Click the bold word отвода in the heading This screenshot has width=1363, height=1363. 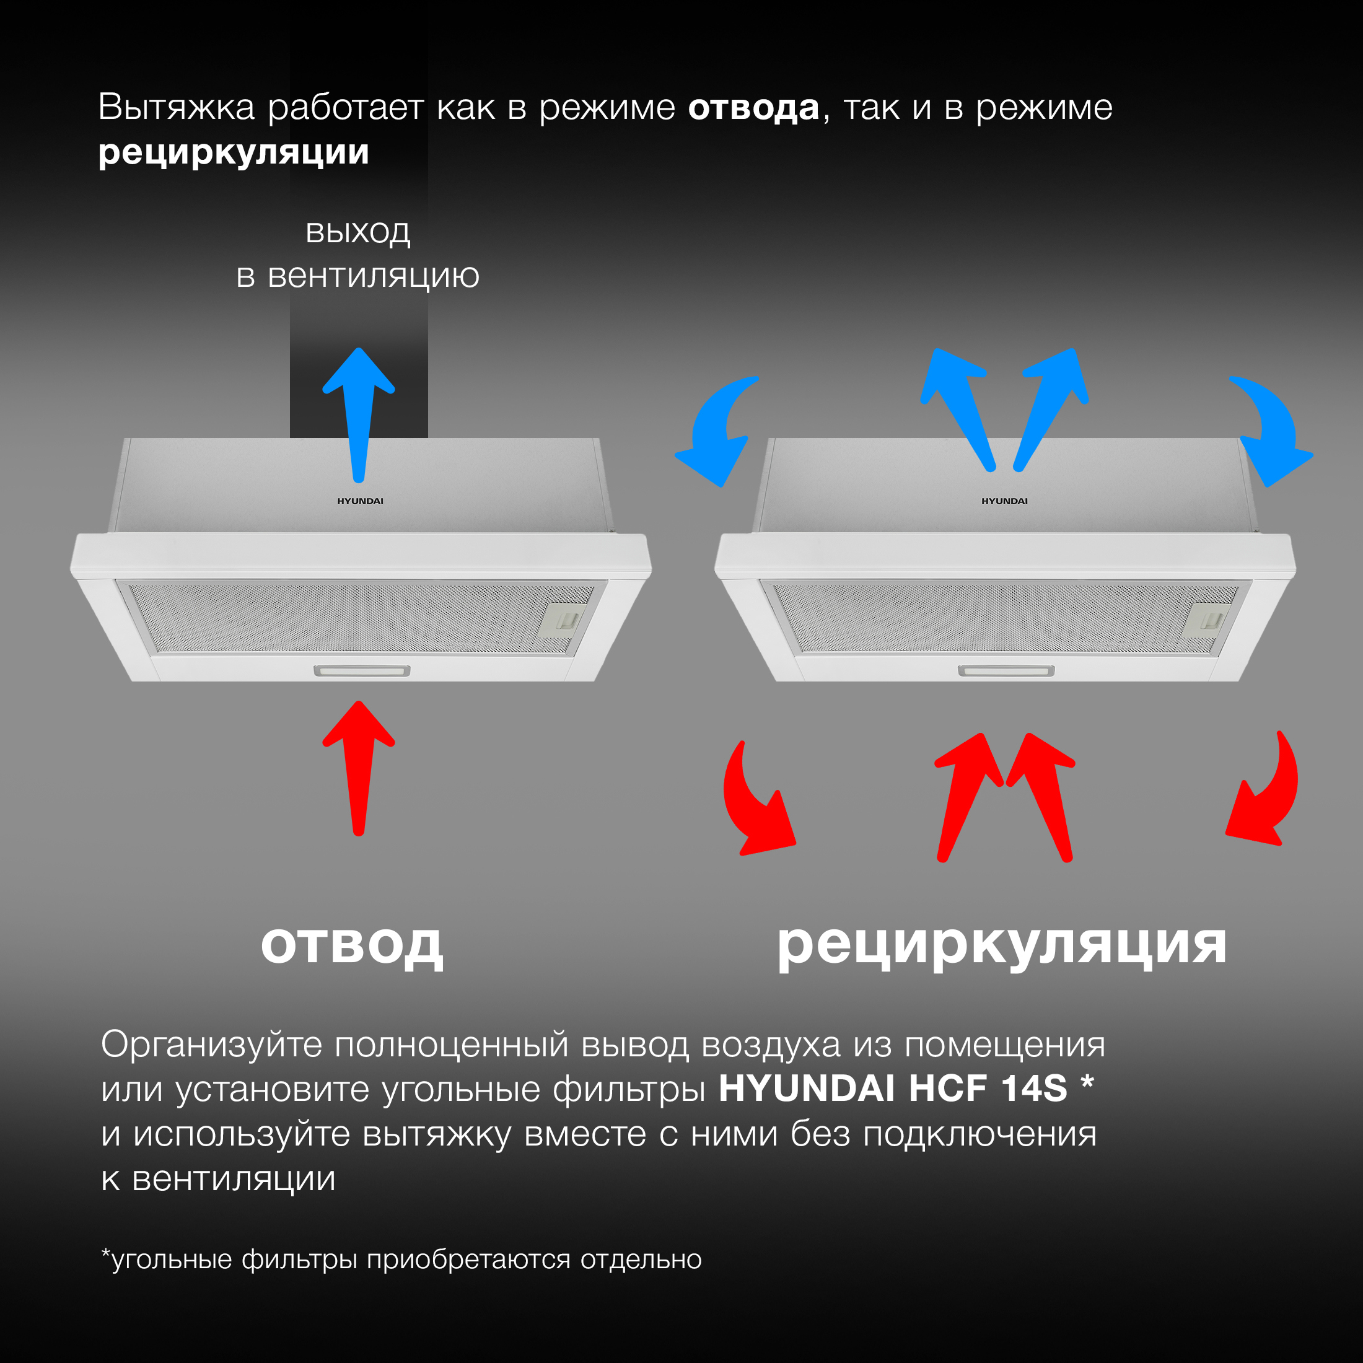tap(753, 108)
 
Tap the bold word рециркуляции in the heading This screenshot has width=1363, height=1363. tap(234, 153)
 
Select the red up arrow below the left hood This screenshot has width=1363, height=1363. tap(358, 766)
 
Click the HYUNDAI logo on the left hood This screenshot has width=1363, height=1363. tap(360, 501)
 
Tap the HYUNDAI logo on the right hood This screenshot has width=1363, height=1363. tap(1004, 501)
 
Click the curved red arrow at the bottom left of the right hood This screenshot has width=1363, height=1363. tap(755, 804)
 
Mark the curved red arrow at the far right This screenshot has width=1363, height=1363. tap(1266, 797)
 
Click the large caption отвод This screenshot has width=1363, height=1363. tap(352, 945)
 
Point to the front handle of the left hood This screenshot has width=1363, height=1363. tap(362, 670)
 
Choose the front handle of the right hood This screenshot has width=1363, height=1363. tap(1006, 670)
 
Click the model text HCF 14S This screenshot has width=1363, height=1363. tap(988, 1089)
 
